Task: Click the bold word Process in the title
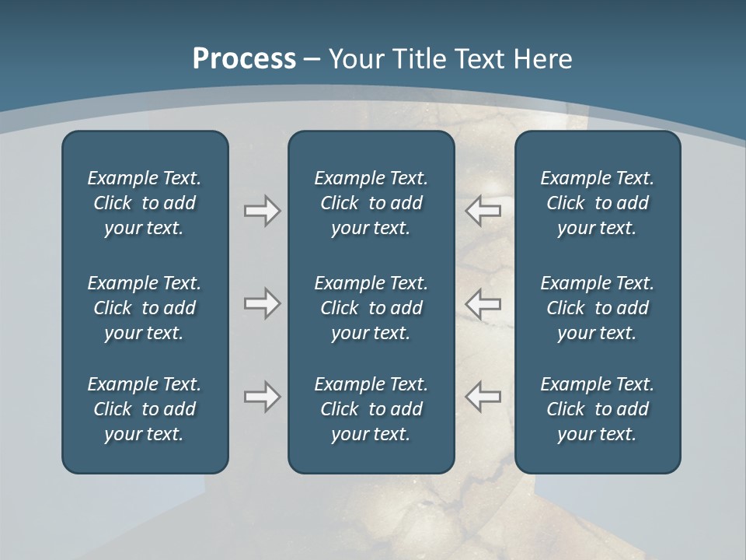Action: [244, 59]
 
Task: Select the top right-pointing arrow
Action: [262, 211]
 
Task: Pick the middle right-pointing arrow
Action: [262, 303]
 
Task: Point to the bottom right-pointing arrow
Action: [262, 397]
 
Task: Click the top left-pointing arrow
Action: [483, 211]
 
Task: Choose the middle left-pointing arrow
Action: [483, 303]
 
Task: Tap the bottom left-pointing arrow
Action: [483, 397]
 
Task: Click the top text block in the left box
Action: [145, 203]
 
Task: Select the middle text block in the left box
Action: [145, 308]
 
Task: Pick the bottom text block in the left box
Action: [145, 409]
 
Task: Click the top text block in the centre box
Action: [371, 203]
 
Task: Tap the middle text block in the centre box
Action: [371, 308]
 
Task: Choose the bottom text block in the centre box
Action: [371, 409]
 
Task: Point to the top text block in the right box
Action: [597, 203]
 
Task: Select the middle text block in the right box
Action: [597, 308]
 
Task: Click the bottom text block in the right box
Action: [597, 409]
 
